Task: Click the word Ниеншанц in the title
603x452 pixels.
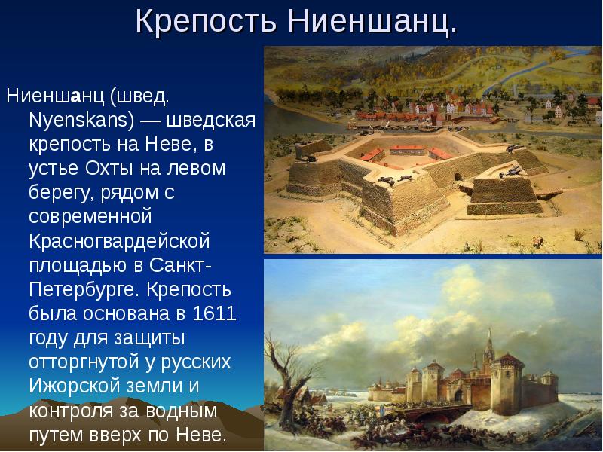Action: pyautogui.click(x=372, y=20)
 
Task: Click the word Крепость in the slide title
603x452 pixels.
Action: pyautogui.click(x=206, y=21)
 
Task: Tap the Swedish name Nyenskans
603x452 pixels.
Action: pyautogui.click(x=81, y=120)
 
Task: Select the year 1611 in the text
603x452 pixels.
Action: pyautogui.click(x=214, y=313)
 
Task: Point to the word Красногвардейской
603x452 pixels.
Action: pyautogui.click(x=119, y=241)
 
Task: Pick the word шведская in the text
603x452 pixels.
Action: pyautogui.click(x=211, y=120)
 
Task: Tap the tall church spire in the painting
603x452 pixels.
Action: pyautogui.click(x=489, y=346)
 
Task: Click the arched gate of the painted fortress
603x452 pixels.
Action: pyautogui.click(x=459, y=396)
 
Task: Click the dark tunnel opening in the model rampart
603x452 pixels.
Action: pyautogui.click(x=458, y=177)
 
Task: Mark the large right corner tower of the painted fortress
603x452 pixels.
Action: pyautogui.click(x=507, y=383)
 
